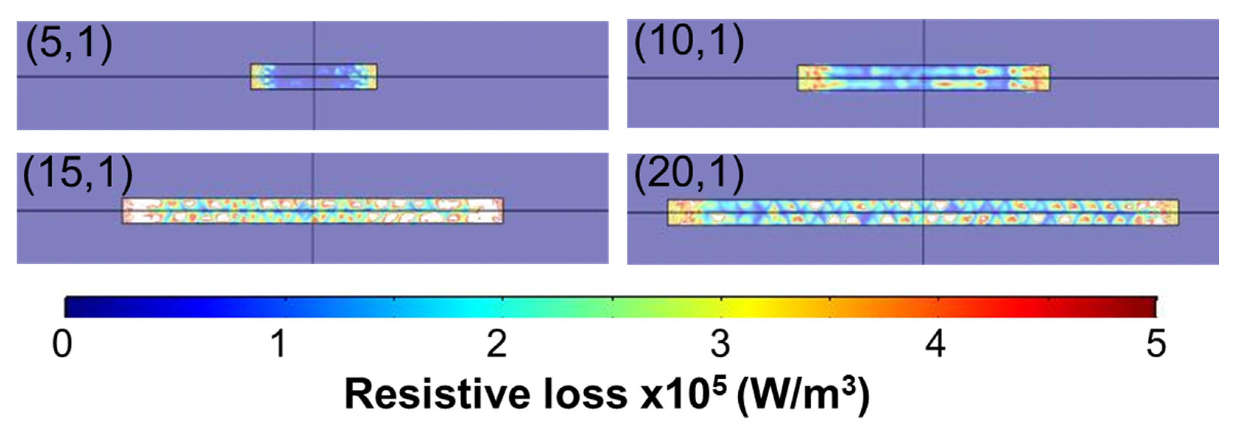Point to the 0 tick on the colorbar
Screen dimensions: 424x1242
pos(62,344)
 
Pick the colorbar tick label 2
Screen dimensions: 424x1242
pos(497,344)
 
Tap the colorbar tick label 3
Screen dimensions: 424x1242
pos(720,344)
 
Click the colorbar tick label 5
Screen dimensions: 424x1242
pos(1156,344)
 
